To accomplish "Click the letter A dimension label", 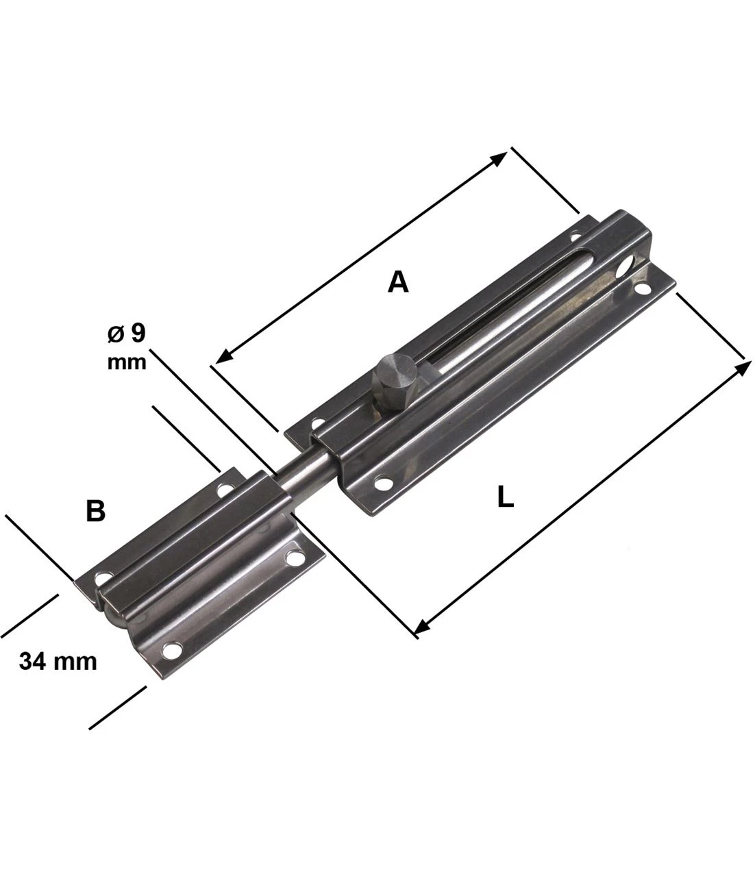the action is [x=398, y=282].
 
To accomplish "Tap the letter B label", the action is [x=95, y=511].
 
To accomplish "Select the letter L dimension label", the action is [x=505, y=497].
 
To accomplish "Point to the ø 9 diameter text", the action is [x=126, y=333].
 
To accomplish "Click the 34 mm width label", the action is [x=58, y=661].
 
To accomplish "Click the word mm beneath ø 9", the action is [x=127, y=362].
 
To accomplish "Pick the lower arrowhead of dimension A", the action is [x=224, y=355].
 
